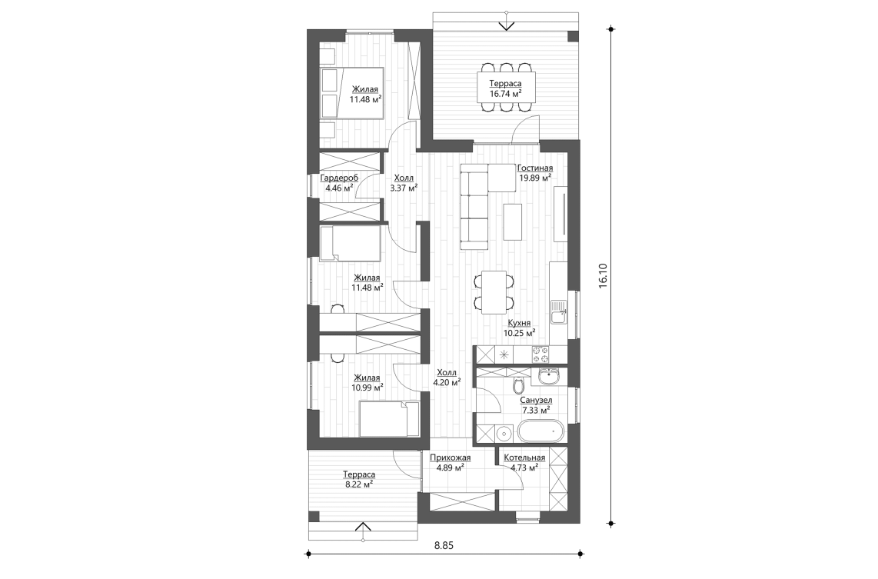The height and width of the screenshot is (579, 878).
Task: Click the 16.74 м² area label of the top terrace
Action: click(x=506, y=94)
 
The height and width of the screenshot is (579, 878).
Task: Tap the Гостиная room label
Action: click(x=535, y=168)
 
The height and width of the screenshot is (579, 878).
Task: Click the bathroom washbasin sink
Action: click(x=548, y=376)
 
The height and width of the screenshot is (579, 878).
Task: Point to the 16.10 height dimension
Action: click(x=603, y=277)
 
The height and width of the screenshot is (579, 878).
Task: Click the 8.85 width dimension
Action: click(x=444, y=545)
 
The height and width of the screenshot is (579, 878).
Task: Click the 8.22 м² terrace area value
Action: click(x=359, y=484)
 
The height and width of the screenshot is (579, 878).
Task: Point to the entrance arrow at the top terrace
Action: click(x=506, y=25)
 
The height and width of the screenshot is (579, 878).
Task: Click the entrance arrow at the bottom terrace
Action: click(x=364, y=527)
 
